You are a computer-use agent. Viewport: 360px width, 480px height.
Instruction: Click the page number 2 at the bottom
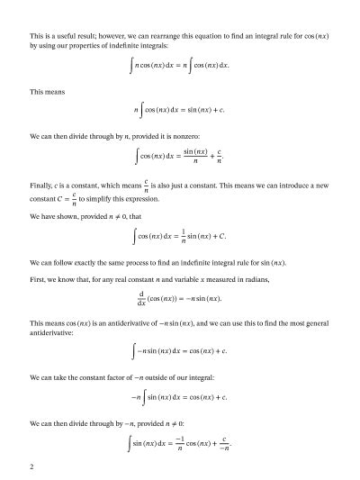coord(31,466)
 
